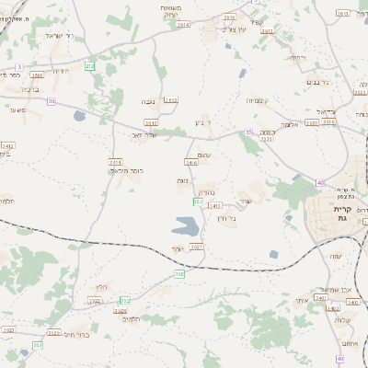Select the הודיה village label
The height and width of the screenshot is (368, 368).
point(61,71)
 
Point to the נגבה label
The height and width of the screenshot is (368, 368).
point(148,100)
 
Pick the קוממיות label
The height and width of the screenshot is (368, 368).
point(256,98)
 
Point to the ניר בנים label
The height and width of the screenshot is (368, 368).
point(316,82)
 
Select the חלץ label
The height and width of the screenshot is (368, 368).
point(101,288)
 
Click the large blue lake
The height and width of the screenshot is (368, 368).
point(186,224)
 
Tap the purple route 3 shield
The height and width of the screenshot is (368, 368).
point(18,66)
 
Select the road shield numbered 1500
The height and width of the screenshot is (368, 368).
point(37,75)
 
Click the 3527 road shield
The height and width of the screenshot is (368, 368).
point(196,247)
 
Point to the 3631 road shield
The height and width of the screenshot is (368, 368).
point(343,14)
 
